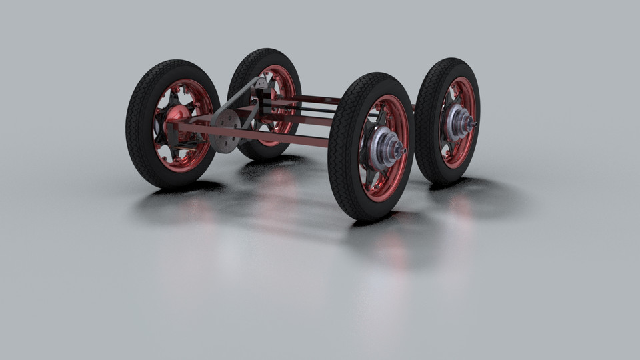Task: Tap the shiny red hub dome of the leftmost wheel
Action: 176,115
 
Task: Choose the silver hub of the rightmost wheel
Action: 459,121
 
